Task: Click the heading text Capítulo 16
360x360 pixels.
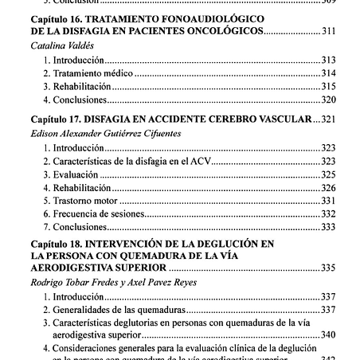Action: tap(57, 17)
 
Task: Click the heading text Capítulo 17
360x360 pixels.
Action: tap(57, 119)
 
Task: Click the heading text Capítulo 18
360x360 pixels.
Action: tap(57, 242)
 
